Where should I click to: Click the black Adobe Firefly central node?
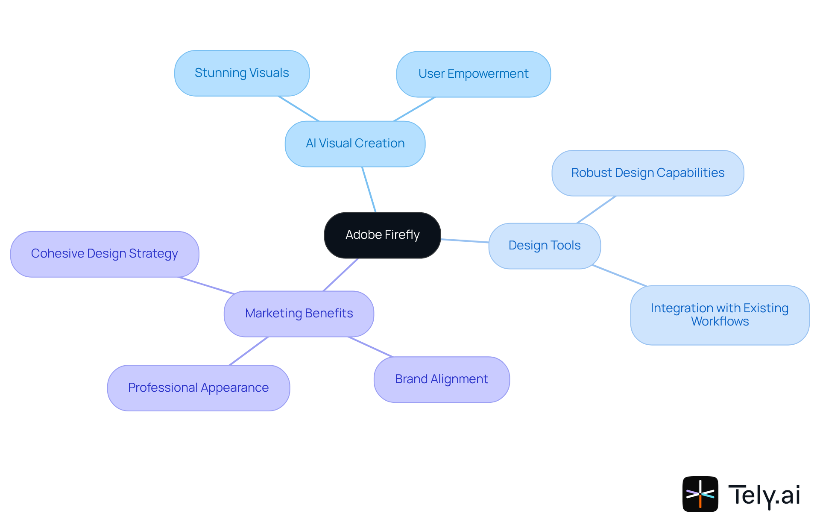click(382, 235)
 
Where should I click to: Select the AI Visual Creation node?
click(355, 144)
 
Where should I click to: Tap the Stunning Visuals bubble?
click(242, 73)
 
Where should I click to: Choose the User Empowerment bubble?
click(473, 74)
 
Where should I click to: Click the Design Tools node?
click(545, 246)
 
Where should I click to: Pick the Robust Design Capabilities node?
click(647, 173)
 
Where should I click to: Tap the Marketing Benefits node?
click(299, 314)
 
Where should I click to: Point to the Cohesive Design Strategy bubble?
click(105, 254)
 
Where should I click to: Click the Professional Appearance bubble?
click(199, 388)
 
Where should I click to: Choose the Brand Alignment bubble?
click(442, 379)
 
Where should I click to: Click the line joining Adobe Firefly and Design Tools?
click(465, 241)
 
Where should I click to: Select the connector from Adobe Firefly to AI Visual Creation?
click(369, 190)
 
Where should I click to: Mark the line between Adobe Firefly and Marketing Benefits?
click(341, 275)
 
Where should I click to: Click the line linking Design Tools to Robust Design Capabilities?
click(596, 210)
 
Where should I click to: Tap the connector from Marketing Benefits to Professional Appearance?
click(249, 351)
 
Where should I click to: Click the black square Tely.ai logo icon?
click(700, 494)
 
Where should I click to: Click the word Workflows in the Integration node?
click(720, 322)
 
